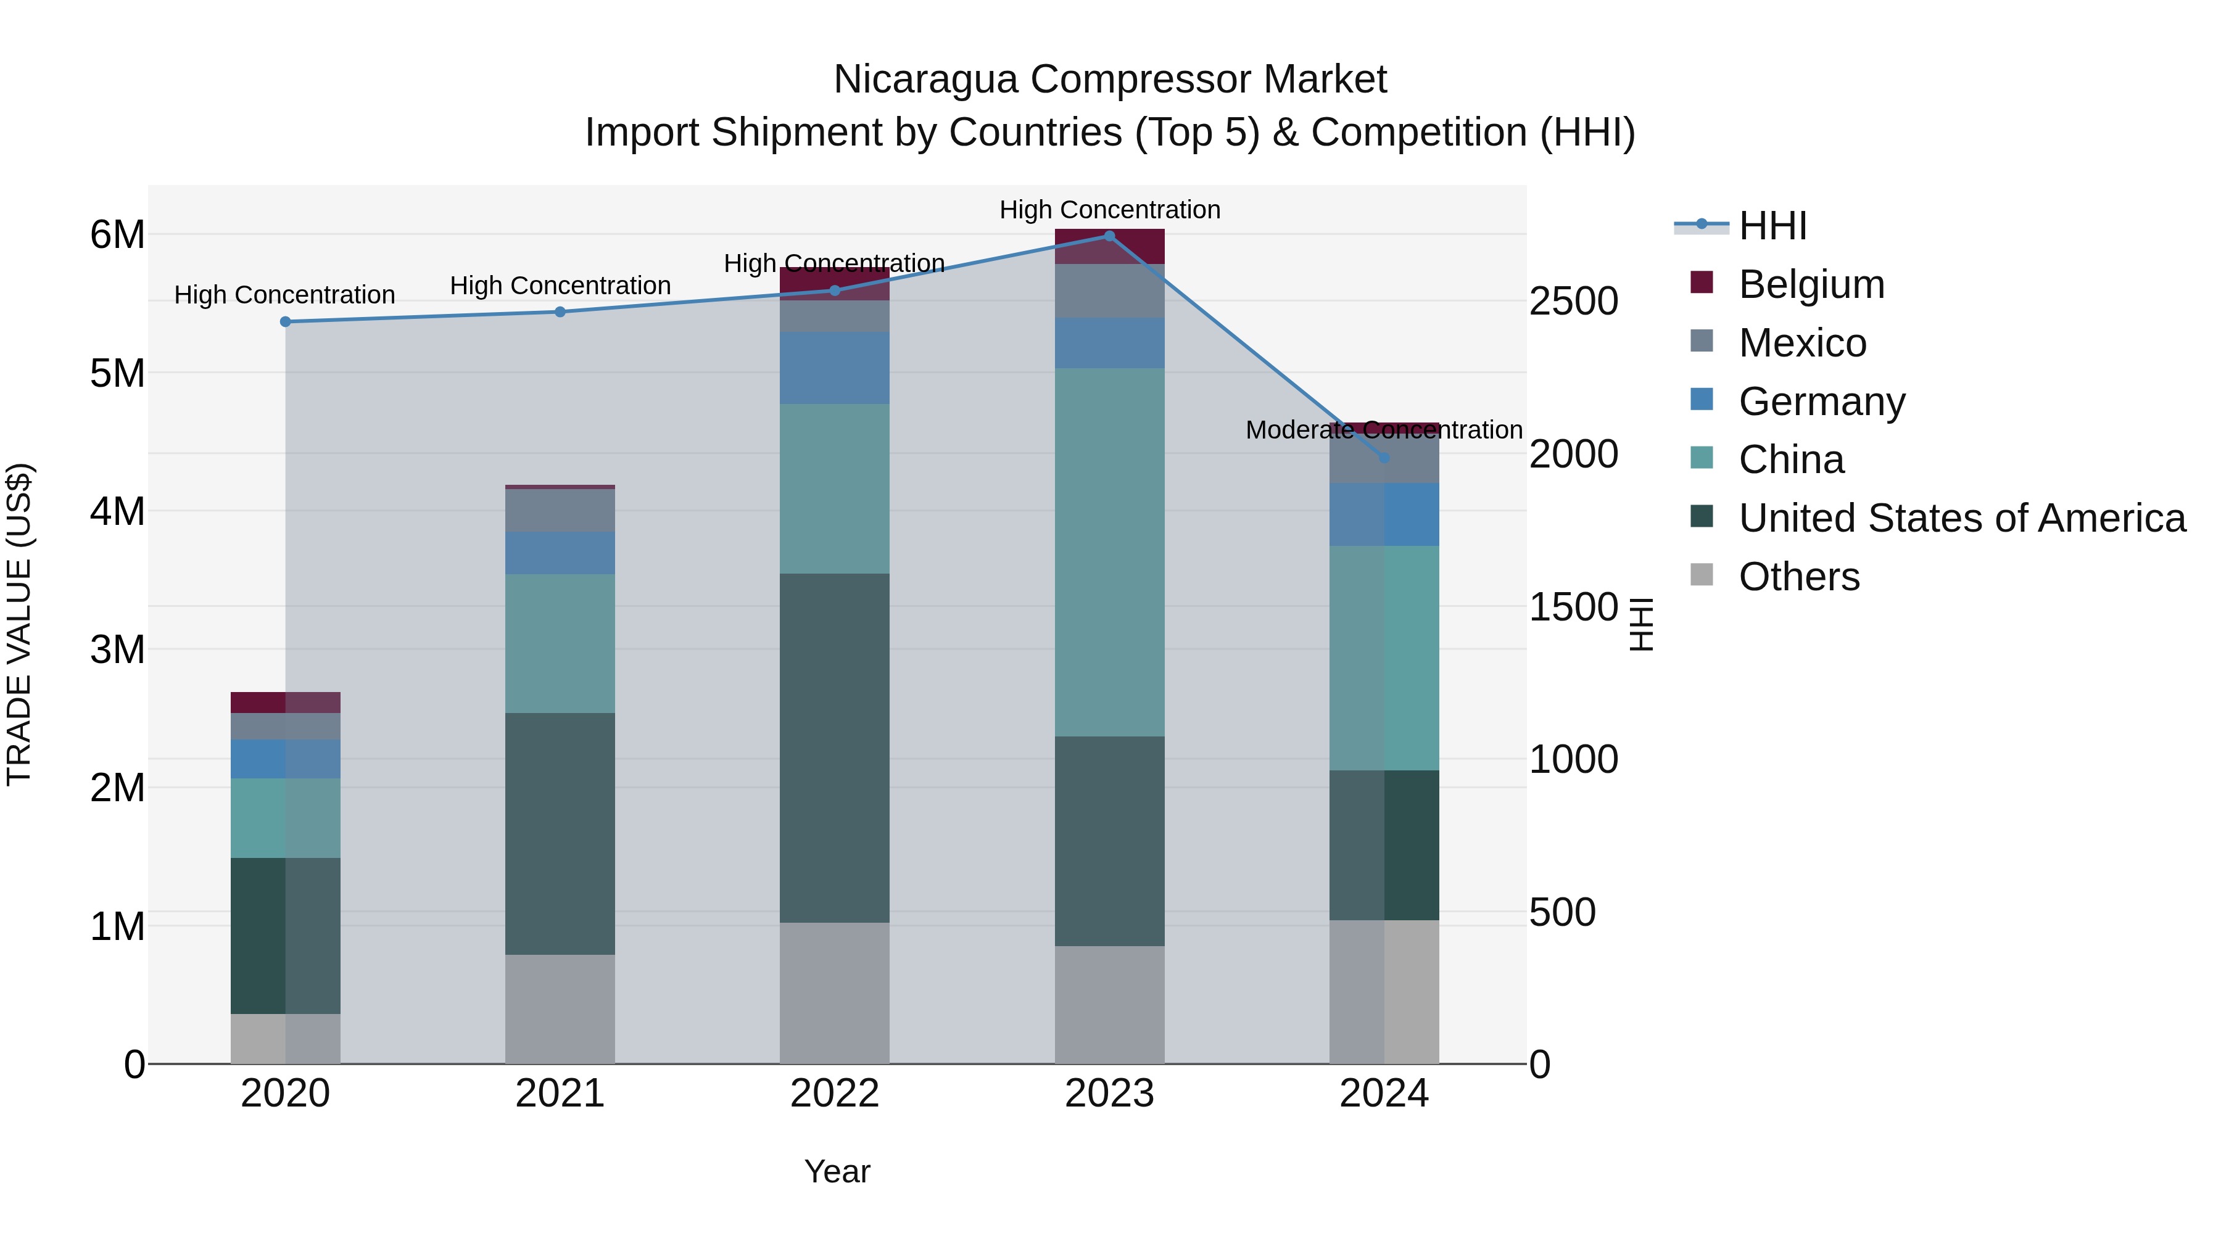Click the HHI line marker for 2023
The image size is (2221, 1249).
pyautogui.click(x=1110, y=236)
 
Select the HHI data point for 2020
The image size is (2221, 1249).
pyautogui.click(x=286, y=321)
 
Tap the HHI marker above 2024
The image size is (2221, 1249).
pyautogui.click(x=1384, y=458)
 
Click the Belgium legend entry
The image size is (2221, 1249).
pyautogui.click(x=1811, y=284)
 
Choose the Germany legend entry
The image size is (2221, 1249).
pyautogui.click(x=1821, y=402)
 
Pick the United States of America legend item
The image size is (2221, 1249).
pyautogui.click(x=1961, y=518)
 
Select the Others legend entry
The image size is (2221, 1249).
pyautogui.click(x=1798, y=577)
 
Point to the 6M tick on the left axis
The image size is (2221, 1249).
pyautogui.click(x=117, y=234)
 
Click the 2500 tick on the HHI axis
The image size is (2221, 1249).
pyautogui.click(x=1573, y=302)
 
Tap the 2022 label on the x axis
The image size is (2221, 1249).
pyautogui.click(x=835, y=1094)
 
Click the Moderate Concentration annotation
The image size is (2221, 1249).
pyautogui.click(x=1384, y=429)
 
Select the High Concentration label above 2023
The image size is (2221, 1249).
pyautogui.click(x=1110, y=210)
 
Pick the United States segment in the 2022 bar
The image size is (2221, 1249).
pyautogui.click(x=835, y=748)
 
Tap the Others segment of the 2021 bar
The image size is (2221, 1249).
pyautogui.click(x=560, y=1008)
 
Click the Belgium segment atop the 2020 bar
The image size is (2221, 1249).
pyautogui.click(x=286, y=702)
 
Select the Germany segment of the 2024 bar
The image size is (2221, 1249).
pyautogui.click(x=1384, y=514)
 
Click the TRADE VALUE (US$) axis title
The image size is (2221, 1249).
pyautogui.click(x=19, y=624)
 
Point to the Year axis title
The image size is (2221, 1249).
pyautogui.click(x=837, y=1171)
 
